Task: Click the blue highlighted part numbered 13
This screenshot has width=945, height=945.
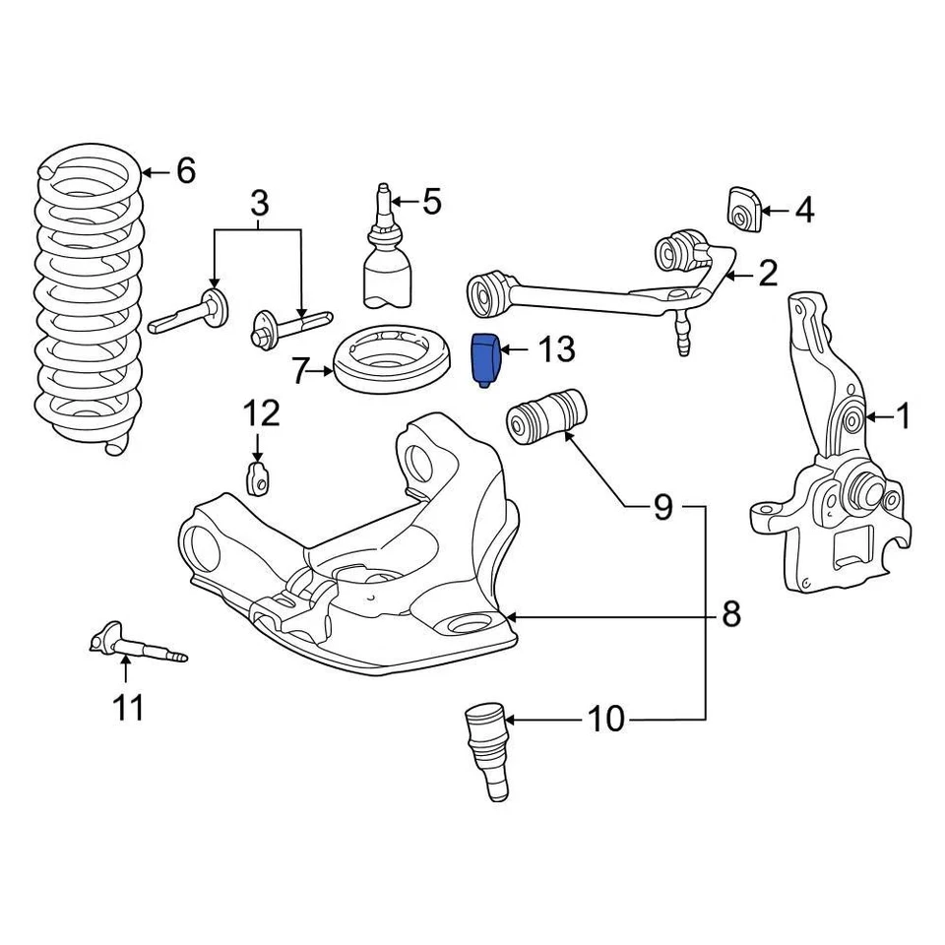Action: (486, 359)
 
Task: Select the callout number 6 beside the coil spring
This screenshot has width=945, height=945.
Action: (186, 171)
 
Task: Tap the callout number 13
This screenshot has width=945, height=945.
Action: (554, 348)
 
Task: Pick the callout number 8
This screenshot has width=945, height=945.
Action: (729, 615)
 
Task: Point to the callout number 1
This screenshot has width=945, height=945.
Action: (903, 417)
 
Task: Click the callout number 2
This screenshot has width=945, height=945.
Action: (767, 274)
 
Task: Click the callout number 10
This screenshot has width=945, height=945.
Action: (606, 720)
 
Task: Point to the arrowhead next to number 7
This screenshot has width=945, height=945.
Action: (332, 372)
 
